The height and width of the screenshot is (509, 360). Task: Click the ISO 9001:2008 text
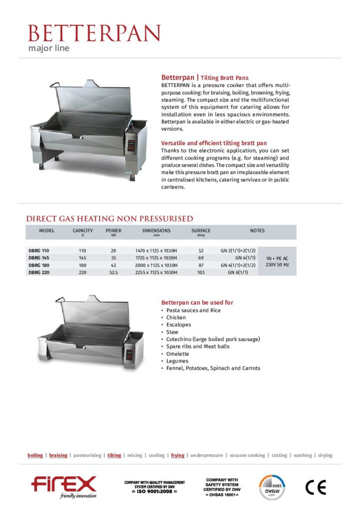pos(154,491)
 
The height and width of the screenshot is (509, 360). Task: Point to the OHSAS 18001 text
pos(222,495)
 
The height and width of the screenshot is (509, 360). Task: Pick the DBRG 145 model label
pos(39,258)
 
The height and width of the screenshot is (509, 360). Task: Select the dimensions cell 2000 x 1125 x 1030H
pos(156,265)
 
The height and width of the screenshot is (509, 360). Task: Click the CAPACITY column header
pos(83,231)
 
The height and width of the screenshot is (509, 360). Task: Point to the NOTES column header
pos(257,231)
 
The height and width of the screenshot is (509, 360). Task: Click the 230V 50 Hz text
pos(277,265)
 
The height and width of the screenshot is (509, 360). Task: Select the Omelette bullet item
pos(178,354)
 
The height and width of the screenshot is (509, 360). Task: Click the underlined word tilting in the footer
pos(114,455)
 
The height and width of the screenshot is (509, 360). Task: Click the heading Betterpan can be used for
pos(197,302)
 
